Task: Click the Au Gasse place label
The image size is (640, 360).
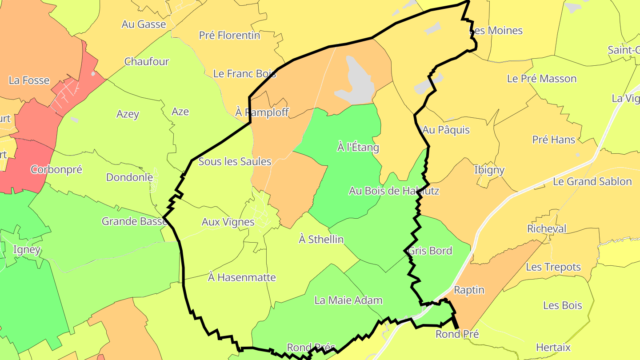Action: point(144,24)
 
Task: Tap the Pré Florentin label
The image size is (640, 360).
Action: point(229,35)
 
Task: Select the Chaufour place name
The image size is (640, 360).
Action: point(147,61)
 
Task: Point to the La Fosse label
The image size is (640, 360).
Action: point(29,80)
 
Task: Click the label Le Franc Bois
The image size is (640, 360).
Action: point(245,74)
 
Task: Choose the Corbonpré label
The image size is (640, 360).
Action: point(56,169)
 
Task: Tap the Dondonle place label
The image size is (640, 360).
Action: point(129,177)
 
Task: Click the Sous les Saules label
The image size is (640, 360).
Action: point(235,161)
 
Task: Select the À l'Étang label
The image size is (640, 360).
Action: point(358,147)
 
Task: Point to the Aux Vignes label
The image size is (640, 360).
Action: point(228,222)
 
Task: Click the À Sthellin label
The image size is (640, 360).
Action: point(321,239)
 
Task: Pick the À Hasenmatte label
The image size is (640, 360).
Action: point(242,277)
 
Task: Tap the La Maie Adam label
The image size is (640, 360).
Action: point(348,300)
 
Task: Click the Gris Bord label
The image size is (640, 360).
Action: point(430,251)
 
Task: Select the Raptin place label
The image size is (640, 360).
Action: point(469,290)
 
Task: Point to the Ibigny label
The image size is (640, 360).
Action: point(489,170)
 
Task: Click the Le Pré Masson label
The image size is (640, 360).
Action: point(542,79)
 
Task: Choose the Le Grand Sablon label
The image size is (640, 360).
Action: point(592,181)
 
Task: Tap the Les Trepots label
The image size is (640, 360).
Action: point(553,267)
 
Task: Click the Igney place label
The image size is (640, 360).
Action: point(27,249)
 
